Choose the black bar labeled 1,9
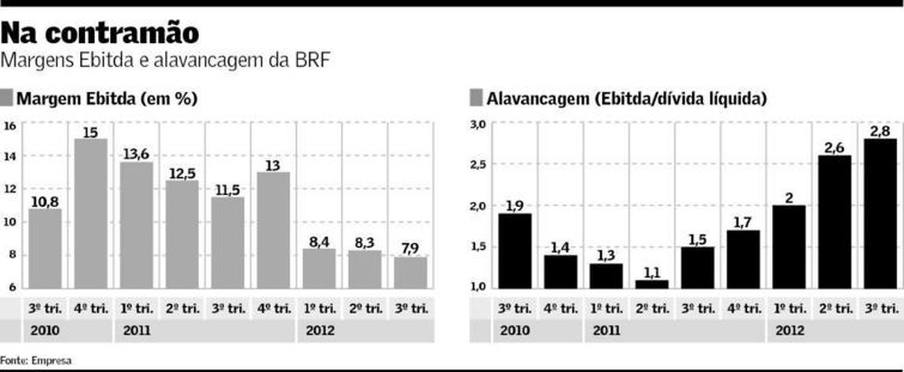(515, 250)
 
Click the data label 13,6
(135, 154)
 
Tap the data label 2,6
(834, 148)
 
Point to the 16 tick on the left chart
(10, 126)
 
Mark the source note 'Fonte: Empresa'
(36, 361)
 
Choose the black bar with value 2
(788, 246)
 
